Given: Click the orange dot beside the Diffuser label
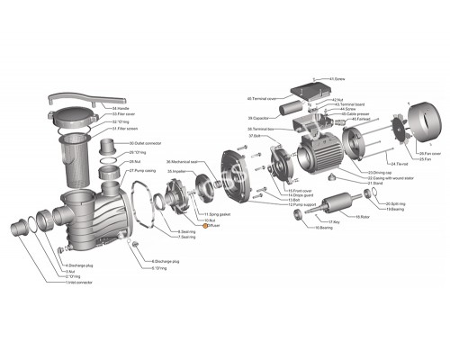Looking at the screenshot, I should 205,226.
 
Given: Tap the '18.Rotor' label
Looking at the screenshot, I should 362,217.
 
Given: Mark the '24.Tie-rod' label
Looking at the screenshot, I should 376,164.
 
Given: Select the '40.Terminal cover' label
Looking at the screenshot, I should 261,98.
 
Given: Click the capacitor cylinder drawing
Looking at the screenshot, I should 291,116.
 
